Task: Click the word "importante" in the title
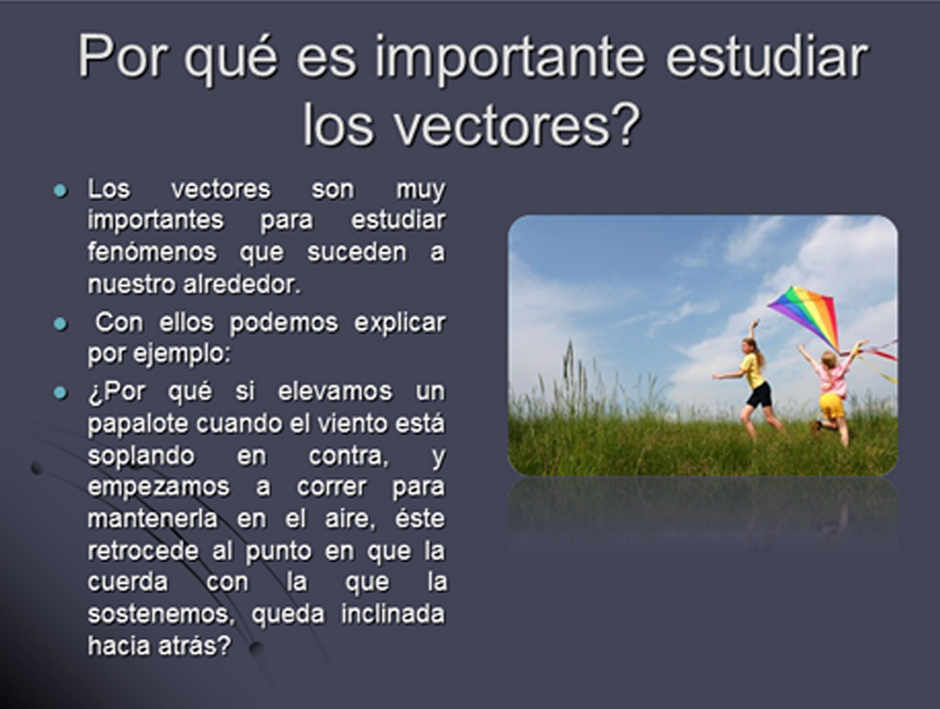pos(509,58)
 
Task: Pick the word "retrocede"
pos(143,551)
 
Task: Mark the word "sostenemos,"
pos(154,614)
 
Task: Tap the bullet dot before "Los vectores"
pos(61,191)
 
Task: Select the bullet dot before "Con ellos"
pos(61,324)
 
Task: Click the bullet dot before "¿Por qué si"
pos(61,392)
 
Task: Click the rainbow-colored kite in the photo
pos(805,316)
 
